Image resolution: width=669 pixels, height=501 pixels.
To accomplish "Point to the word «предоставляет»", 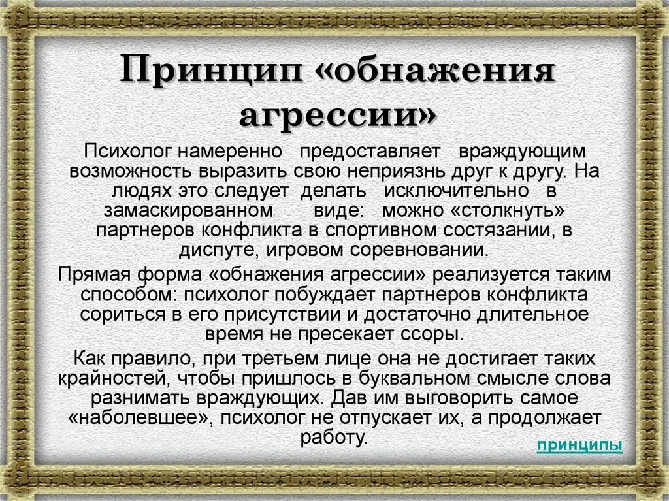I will tap(370, 151).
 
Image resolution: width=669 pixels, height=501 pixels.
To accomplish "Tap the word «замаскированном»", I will tap(188, 211).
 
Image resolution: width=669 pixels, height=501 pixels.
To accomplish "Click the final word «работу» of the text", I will tap(334, 437).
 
